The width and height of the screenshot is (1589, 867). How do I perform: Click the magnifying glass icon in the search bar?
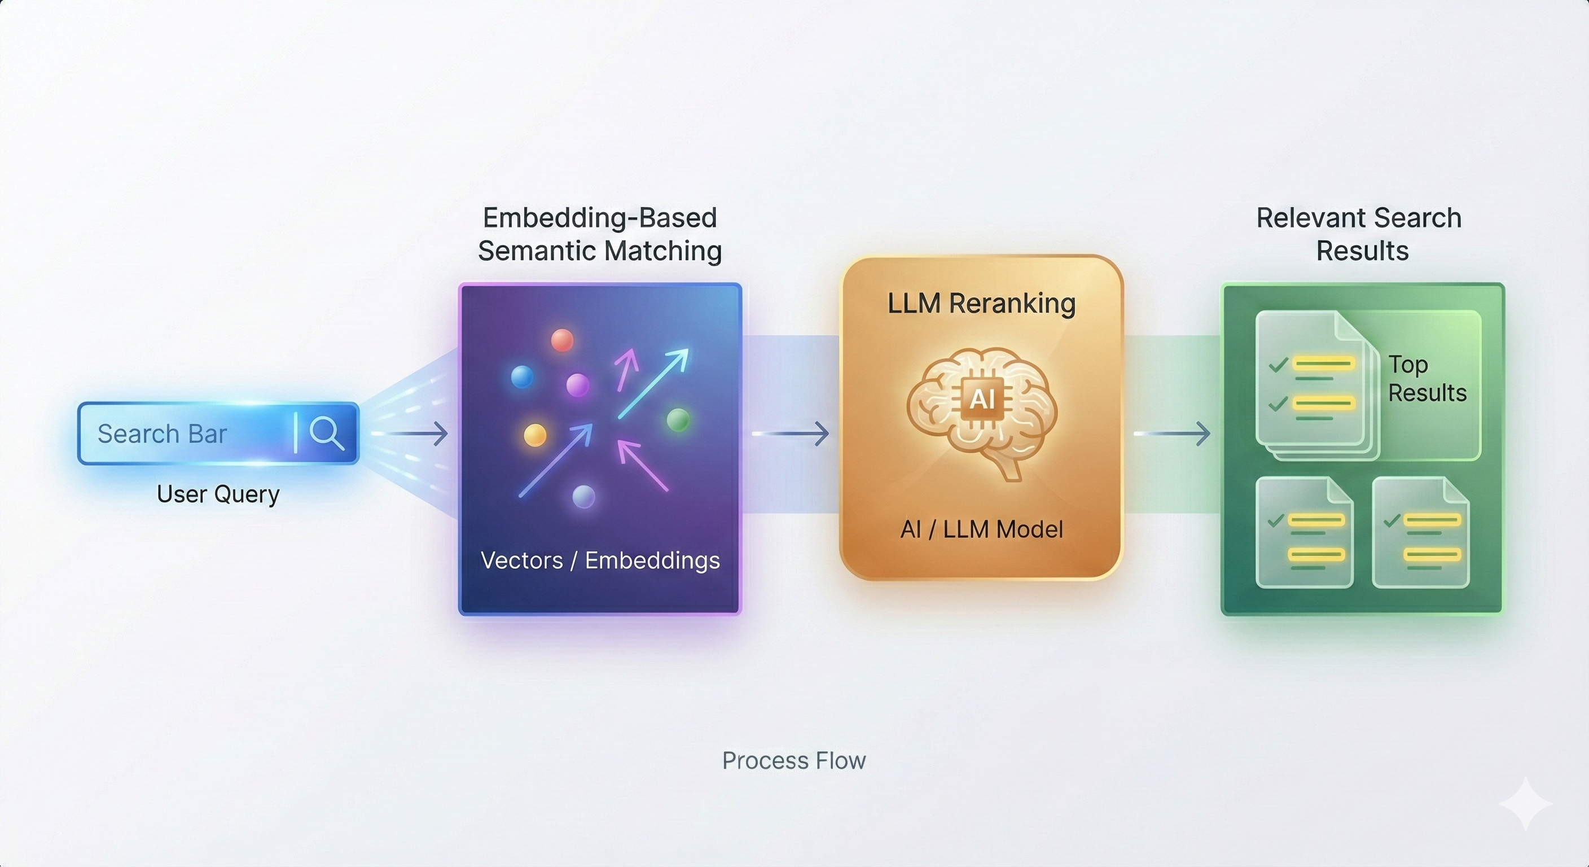tap(326, 432)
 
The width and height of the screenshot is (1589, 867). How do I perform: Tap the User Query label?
tap(218, 494)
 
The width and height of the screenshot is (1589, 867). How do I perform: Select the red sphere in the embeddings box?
tap(562, 340)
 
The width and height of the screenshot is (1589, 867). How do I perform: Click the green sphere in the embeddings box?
tap(678, 419)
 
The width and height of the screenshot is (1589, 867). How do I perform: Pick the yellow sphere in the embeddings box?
tap(535, 435)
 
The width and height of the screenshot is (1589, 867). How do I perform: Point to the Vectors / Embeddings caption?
tap(600, 561)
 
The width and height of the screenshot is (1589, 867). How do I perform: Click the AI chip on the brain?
tap(982, 399)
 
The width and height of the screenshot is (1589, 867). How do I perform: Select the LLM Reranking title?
tap(981, 304)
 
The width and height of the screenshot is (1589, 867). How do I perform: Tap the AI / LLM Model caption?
tap(981, 529)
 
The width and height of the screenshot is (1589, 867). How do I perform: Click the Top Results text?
tap(1426, 379)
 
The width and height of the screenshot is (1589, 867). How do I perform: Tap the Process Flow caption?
tap(794, 761)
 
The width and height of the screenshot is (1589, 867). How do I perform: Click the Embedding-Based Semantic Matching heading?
tap(600, 234)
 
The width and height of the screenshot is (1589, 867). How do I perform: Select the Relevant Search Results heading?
tap(1359, 234)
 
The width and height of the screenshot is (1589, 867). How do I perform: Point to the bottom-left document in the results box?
tap(1305, 532)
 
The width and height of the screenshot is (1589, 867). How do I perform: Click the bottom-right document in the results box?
tap(1421, 532)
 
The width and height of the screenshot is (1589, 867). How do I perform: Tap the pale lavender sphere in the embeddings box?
tap(583, 496)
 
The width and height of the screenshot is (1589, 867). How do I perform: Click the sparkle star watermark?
tap(1525, 803)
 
